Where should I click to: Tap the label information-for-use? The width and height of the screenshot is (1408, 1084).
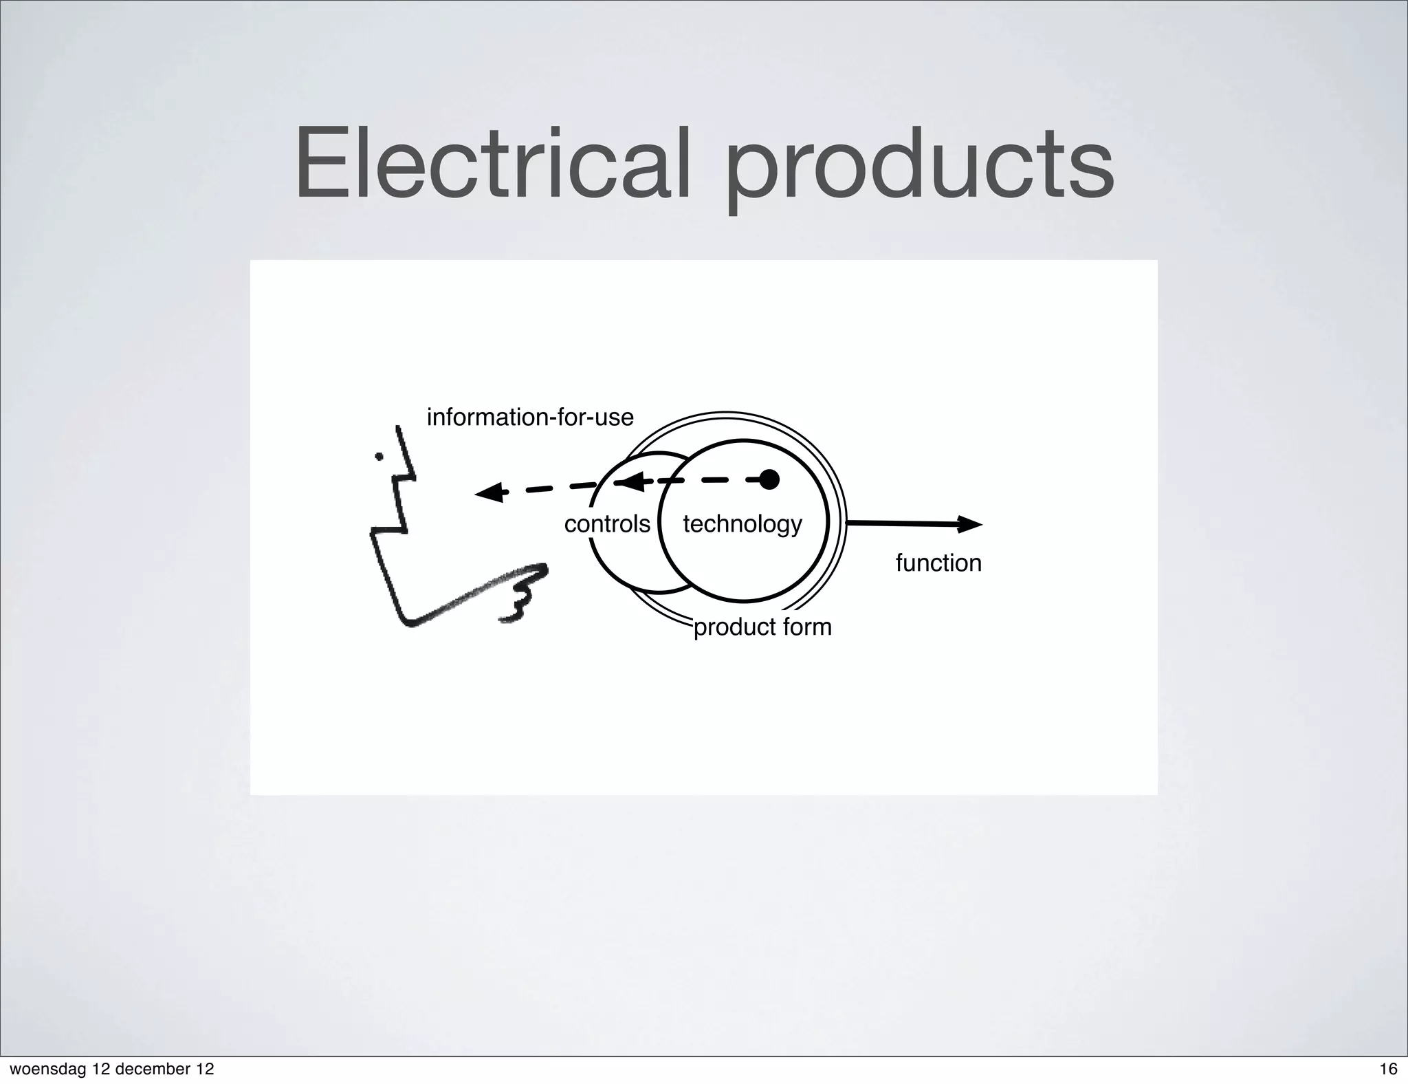(x=529, y=418)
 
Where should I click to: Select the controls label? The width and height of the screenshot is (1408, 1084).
(x=606, y=525)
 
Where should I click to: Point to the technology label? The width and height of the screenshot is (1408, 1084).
(x=742, y=525)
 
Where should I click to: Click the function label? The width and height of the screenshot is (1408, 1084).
(x=938, y=563)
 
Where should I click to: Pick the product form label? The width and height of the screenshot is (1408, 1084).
(x=762, y=627)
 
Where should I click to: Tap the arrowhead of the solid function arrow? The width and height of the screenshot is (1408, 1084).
(x=971, y=525)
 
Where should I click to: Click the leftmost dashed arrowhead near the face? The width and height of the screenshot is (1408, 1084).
(x=488, y=492)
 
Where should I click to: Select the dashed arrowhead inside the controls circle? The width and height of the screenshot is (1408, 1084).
(x=632, y=481)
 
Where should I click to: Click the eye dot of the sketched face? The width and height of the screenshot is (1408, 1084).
(x=379, y=456)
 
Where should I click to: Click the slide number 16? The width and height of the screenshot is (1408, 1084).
(x=1388, y=1069)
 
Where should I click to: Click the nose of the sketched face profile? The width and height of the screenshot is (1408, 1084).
(x=412, y=475)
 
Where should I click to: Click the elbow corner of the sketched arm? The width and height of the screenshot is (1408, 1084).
(x=408, y=622)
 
